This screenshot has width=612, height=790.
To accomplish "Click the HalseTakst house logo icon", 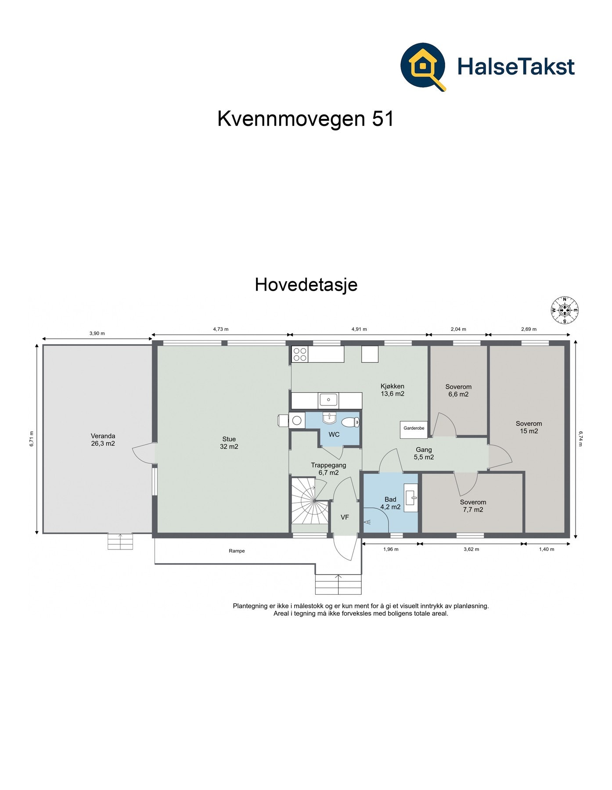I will [x=423, y=66].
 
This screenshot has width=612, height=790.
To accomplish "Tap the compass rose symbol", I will [x=565, y=310].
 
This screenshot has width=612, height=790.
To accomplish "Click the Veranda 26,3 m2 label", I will [x=103, y=439].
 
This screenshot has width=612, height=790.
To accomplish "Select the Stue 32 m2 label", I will [x=229, y=442].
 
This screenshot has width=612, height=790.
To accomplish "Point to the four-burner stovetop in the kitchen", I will [x=300, y=354].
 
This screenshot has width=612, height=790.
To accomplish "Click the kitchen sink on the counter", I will [x=328, y=400].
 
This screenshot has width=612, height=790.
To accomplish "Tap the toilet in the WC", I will [x=350, y=422].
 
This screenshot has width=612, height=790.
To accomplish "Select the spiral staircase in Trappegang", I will [x=310, y=501].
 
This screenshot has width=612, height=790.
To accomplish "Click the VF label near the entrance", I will [x=345, y=517].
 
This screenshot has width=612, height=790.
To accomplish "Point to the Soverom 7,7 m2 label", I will [x=473, y=506].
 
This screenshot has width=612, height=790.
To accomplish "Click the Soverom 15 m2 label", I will [x=529, y=427].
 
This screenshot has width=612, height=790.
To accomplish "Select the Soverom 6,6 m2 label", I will [x=458, y=390].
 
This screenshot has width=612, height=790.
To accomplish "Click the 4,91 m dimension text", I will [x=359, y=329].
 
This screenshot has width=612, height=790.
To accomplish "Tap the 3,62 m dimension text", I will [x=471, y=549].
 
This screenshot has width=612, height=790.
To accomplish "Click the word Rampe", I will [x=237, y=551].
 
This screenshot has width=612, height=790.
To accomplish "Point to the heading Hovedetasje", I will [x=306, y=284].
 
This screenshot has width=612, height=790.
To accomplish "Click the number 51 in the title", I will [x=383, y=118].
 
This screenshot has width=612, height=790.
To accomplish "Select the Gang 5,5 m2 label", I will [x=424, y=453].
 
